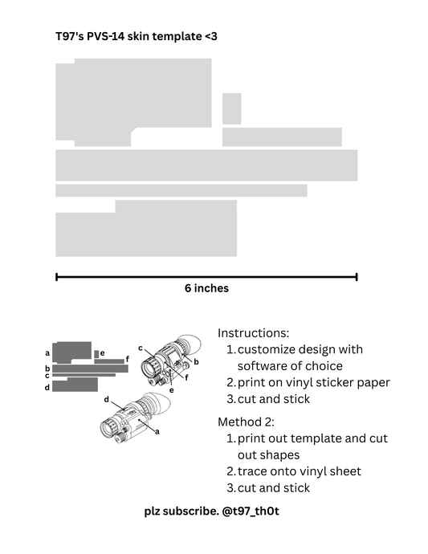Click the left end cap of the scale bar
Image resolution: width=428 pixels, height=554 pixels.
pos(56,277)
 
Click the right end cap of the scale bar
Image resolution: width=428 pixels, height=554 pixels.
pos(357,277)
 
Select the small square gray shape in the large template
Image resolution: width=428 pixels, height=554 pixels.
pos(231,108)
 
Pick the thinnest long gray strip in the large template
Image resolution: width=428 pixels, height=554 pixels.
pos(181,190)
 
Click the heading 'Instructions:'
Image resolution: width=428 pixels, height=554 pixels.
pos(253,332)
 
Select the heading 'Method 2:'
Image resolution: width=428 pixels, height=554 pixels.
pos(247,422)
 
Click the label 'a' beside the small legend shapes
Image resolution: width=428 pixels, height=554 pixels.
pos(48,352)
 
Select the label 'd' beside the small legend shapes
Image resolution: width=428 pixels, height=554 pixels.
pos(47,387)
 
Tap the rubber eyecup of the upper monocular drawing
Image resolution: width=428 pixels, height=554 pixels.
pos(188,345)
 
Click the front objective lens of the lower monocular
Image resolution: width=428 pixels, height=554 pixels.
pos(107,428)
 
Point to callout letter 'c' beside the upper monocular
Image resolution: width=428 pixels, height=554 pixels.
pos(140,348)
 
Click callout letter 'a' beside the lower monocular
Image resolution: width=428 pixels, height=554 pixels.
pos(156,431)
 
